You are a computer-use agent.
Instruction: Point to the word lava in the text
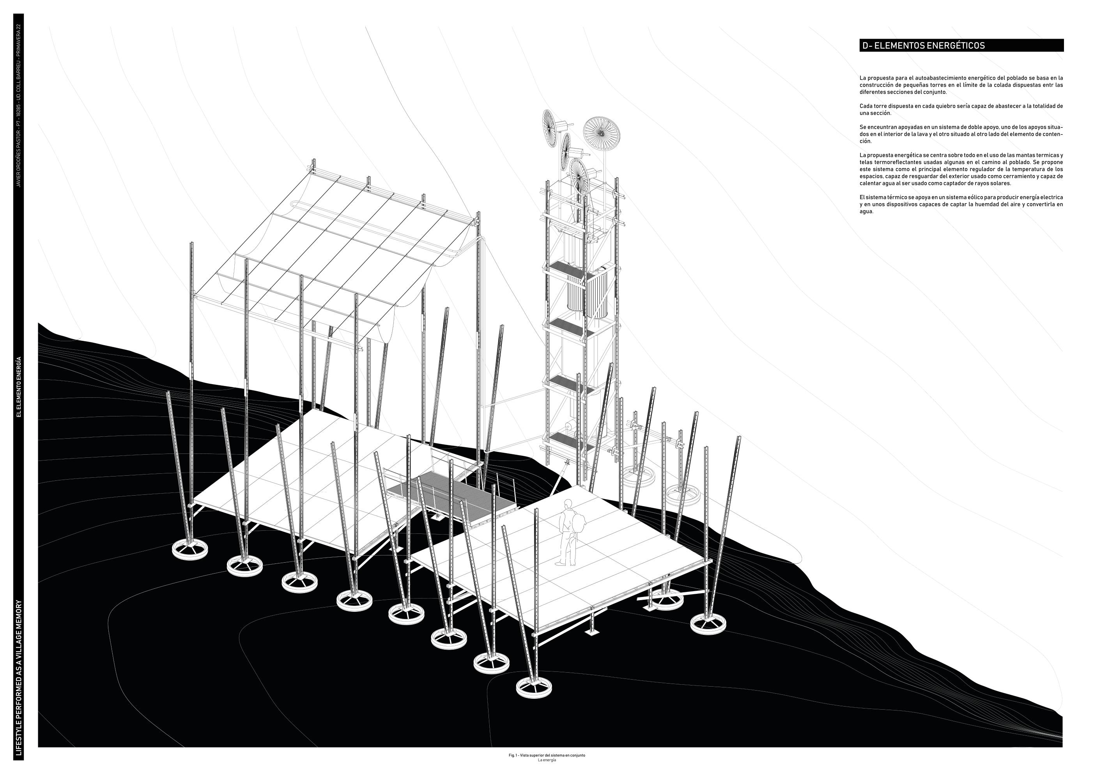point(922,135)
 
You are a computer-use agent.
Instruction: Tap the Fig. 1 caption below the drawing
point(547,755)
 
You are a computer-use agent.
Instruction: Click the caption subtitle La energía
point(547,760)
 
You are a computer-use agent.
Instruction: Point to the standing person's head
point(568,504)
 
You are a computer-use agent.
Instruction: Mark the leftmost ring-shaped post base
point(189,551)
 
